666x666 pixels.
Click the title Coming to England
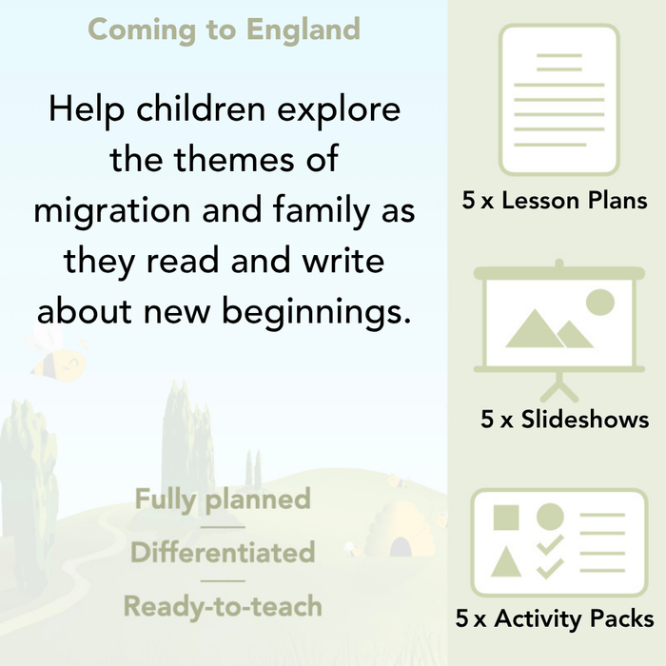tap(224, 29)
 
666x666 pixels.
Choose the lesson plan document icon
tap(558, 100)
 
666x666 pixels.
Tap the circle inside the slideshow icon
tap(599, 303)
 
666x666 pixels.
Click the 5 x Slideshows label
tap(565, 419)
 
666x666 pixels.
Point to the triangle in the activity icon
tap(506, 562)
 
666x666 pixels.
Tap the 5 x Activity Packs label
tap(555, 618)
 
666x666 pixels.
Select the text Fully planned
tap(223, 499)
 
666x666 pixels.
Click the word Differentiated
tap(223, 553)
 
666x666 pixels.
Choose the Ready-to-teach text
tap(223, 606)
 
